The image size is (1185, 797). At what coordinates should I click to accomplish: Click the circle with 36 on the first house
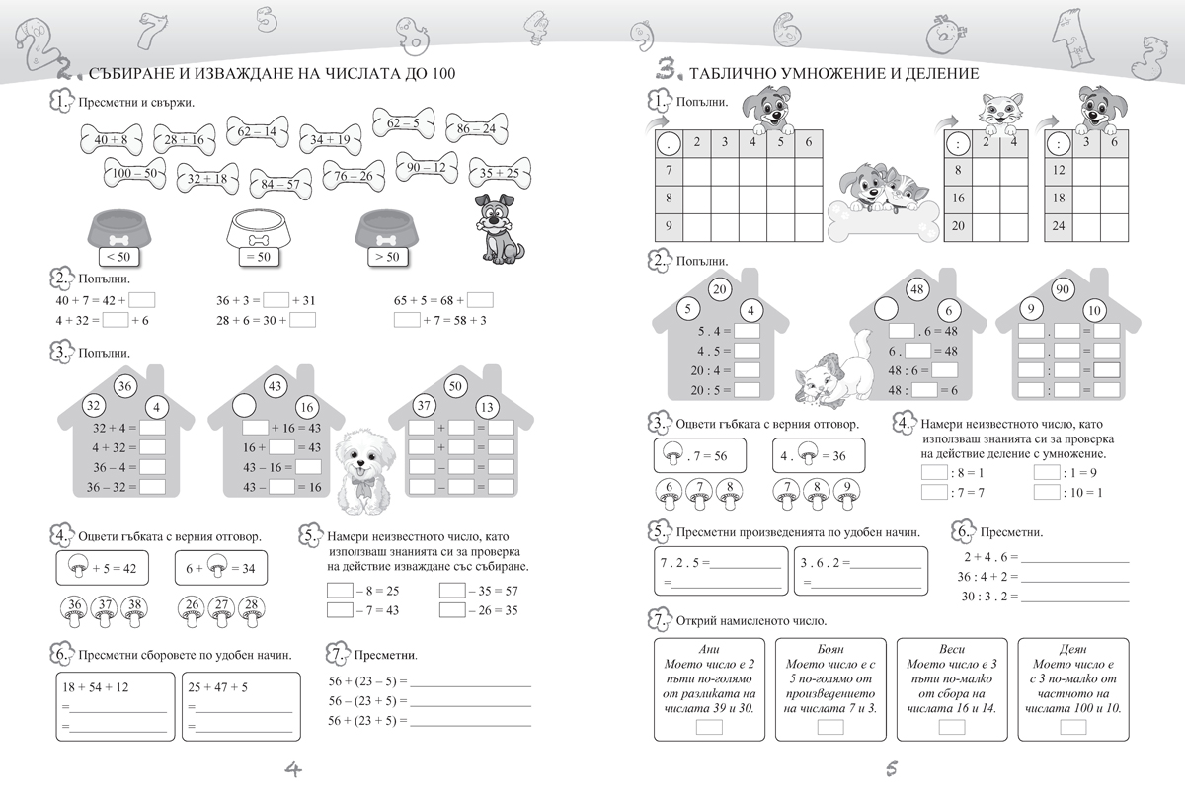[x=124, y=385]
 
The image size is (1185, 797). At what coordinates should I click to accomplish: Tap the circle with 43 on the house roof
[x=276, y=385]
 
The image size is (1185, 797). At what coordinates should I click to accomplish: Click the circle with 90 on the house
[x=1065, y=290]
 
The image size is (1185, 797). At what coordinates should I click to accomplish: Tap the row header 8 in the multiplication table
[x=670, y=198]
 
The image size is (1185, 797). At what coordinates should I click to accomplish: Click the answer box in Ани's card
[x=709, y=727]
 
